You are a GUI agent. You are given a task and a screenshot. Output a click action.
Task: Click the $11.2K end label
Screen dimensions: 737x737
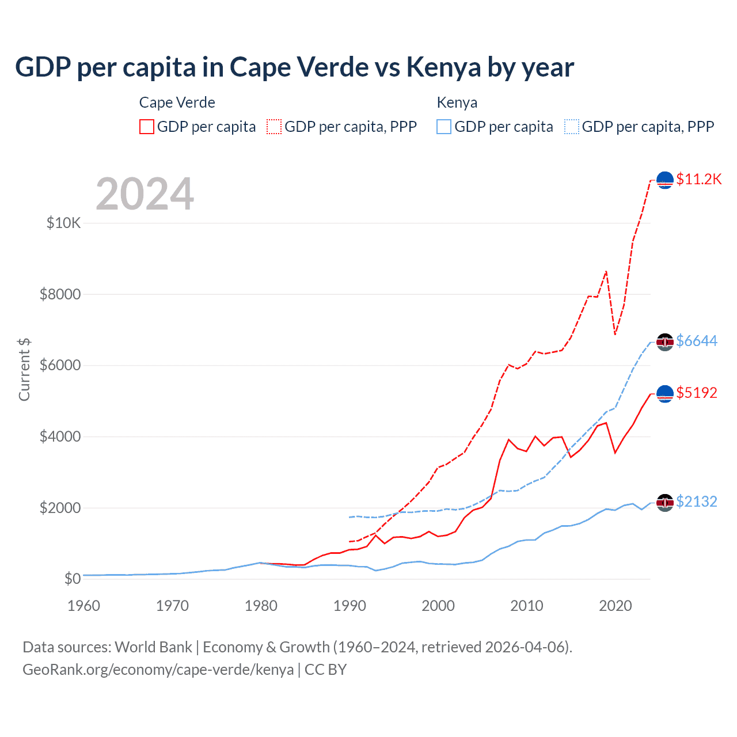[x=698, y=179]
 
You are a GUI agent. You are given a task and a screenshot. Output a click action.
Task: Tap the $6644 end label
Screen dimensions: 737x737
[x=697, y=341]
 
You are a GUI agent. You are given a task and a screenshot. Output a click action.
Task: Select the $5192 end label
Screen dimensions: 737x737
[x=697, y=393]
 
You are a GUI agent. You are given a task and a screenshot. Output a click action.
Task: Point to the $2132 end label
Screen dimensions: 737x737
[x=697, y=502]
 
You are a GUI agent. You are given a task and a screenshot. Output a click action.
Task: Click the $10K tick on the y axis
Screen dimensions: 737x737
[x=64, y=223]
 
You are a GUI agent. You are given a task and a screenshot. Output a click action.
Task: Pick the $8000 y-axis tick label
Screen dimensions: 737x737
[x=60, y=294]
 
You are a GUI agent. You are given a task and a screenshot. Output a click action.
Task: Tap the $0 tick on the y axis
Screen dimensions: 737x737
[x=72, y=579]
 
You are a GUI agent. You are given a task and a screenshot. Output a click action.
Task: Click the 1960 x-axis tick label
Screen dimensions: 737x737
[x=84, y=606]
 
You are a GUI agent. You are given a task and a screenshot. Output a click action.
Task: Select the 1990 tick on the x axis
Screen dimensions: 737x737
[x=350, y=606]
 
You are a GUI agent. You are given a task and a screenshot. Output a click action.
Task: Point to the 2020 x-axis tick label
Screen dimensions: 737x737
[x=616, y=606]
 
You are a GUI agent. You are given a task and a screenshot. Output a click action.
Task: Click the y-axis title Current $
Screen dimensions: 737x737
[x=24, y=370]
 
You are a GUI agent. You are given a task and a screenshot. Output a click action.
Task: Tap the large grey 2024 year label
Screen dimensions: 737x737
[x=145, y=194]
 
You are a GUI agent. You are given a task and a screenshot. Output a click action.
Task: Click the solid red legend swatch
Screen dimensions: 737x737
[x=147, y=127]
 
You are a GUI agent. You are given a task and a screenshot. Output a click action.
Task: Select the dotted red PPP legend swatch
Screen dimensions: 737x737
[x=274, y=127]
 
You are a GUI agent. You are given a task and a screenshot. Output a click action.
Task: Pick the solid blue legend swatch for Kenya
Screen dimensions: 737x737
[x=444, y=127]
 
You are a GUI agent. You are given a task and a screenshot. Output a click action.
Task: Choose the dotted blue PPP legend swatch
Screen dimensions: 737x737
[x=572, y=127]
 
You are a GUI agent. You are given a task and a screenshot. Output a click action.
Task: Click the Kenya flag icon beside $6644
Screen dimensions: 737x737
[x=665, y=341]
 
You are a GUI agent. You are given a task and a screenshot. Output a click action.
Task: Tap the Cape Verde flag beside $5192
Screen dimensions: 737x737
[x=665, y=393]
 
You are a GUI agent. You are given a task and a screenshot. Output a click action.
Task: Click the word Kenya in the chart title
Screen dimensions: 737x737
[x=443, y=67]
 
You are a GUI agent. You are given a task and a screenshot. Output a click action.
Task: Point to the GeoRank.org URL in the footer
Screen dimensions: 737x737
[x=158, y=670]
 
